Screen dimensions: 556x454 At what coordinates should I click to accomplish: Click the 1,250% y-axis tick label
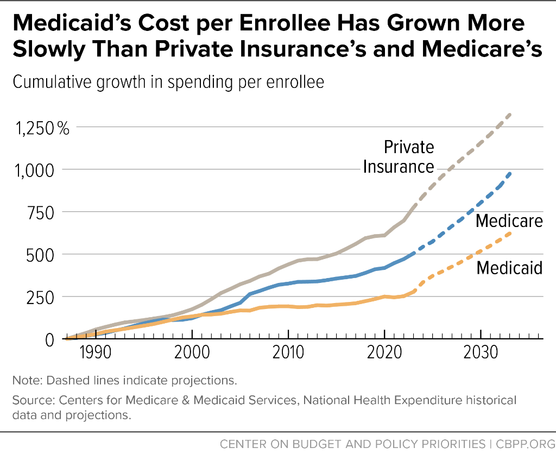[42, 128]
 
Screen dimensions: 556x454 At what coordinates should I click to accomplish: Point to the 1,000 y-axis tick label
[34, 171]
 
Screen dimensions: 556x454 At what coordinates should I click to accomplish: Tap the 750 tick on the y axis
[41, 213]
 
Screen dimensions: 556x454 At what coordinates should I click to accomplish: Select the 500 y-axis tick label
[40, 255]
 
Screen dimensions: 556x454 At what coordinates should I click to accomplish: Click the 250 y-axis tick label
[40, 298]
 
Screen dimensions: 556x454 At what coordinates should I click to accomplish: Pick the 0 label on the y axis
[49, 340]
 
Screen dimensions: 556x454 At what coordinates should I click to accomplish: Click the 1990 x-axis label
[96, 352]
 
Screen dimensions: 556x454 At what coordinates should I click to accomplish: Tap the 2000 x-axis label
[192, 352]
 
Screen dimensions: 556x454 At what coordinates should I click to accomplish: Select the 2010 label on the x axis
[288, 352]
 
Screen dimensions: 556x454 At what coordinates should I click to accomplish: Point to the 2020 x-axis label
[384, 352]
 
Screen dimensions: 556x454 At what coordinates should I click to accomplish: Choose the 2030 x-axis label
[481, 352]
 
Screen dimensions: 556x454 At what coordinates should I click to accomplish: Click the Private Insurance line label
[399, 157]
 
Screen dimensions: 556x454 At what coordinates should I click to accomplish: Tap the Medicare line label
[509, 220]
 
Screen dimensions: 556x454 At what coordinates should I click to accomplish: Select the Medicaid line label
[509, 267]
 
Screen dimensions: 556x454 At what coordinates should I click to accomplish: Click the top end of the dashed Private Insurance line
[510, 114]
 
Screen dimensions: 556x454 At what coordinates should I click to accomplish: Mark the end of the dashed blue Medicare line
[510, 173]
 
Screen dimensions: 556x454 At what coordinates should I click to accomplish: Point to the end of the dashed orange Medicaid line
[510, 233]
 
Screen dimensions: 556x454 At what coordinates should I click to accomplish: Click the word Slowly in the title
[49, 49]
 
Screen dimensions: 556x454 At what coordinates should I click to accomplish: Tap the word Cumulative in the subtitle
[52, 82]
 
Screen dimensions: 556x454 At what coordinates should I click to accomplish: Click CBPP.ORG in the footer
[526, 444]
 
